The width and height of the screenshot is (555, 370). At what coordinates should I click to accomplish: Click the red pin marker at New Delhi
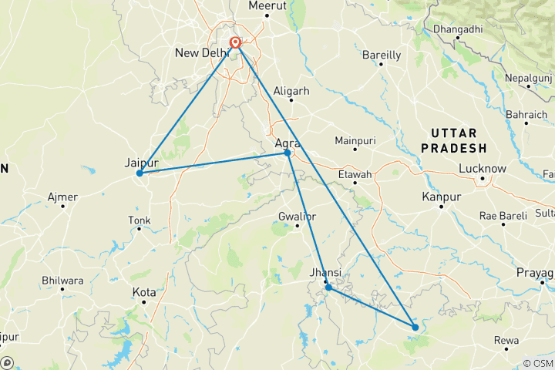coord(236,42)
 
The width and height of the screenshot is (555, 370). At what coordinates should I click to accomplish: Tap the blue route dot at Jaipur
coord(140,173)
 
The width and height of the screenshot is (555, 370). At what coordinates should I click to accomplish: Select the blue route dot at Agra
coord(288,153)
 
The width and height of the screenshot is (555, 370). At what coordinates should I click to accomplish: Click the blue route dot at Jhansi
coord(328,288)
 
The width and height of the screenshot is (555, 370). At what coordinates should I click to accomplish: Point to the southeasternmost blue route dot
coord(415,328)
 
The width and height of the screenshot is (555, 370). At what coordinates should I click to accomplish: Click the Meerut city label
coord(267,5)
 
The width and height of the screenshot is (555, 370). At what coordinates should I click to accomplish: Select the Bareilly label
coord(382,55)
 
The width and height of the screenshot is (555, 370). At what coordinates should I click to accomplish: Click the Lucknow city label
coord(482,169)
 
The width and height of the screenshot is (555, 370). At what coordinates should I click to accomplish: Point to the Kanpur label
coord(442,197)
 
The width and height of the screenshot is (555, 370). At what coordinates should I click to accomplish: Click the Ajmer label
coord(62,197)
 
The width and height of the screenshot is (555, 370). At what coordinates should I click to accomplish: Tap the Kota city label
coord(144,293)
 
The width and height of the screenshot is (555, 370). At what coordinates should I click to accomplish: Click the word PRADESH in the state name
coord(459,148)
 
